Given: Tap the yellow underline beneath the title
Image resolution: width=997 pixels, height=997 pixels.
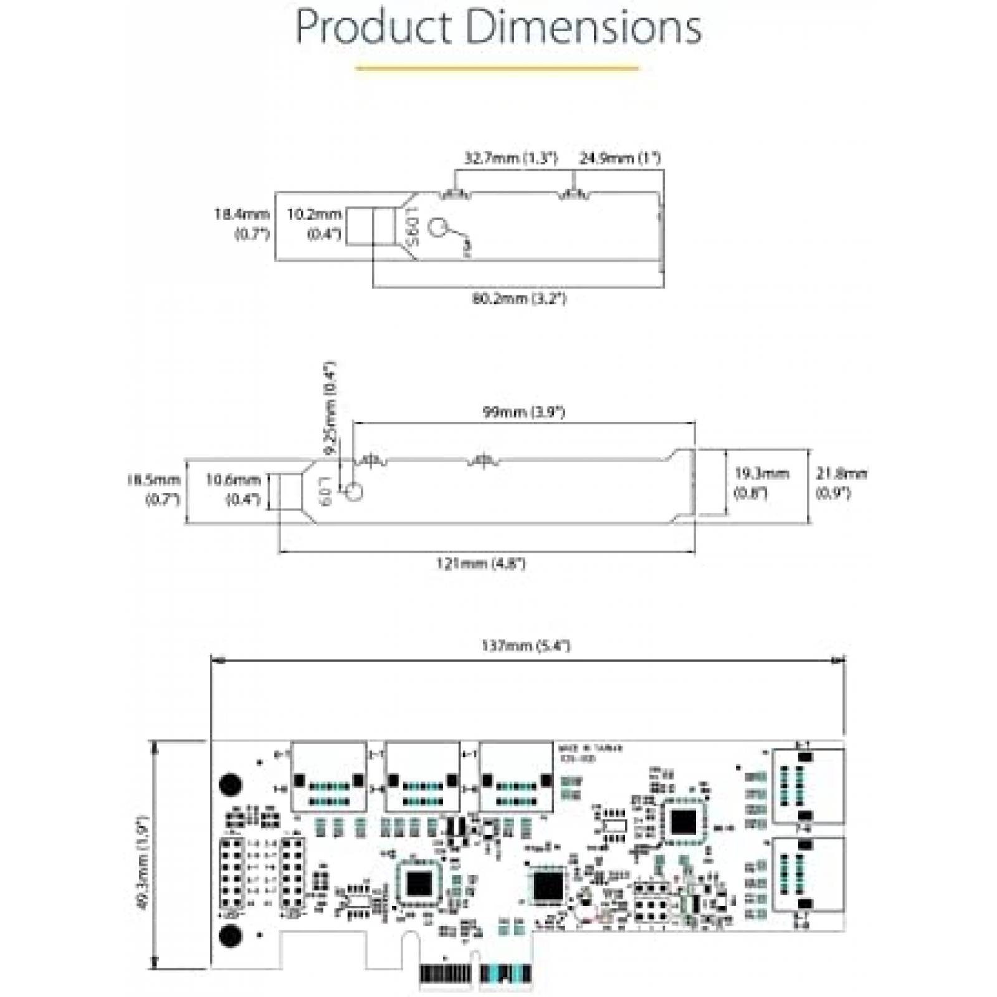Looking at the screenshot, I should point(497,68).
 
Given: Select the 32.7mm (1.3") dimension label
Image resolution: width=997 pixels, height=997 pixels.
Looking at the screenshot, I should point(510,158).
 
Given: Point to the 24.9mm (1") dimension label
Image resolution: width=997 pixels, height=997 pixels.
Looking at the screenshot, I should point(619,158).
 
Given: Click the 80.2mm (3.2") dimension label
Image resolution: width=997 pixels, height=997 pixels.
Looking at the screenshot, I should point(518,299).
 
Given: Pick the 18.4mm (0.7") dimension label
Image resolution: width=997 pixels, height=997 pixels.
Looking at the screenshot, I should point(242,224).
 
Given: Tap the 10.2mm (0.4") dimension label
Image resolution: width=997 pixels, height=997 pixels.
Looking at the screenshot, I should point(315,224).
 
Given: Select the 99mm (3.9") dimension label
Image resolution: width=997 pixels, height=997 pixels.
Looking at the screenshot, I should point(523,412).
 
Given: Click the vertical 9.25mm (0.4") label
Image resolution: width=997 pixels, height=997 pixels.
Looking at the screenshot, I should point(330,408).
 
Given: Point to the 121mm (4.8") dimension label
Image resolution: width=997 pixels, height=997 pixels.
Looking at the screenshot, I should point(480,564).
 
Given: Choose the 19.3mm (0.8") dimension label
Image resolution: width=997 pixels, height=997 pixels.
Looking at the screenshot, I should point(761,483).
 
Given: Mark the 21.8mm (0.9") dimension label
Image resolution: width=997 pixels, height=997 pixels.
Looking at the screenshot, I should point(841,483).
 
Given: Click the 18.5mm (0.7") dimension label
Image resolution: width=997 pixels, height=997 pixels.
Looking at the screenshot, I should point(154,489).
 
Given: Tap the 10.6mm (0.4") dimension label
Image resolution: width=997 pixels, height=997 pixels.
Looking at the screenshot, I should point(234,489).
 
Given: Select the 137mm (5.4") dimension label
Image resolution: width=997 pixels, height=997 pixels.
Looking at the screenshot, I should point(525,646).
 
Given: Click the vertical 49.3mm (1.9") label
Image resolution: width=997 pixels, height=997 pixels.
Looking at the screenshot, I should point(142,863).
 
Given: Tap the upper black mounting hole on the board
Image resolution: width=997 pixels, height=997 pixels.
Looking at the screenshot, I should point(231,783).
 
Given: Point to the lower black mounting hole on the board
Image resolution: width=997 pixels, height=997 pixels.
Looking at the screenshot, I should point(231,937).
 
